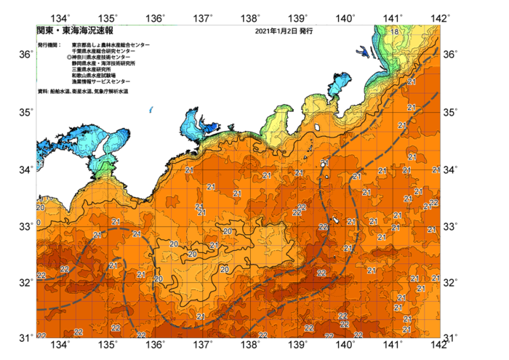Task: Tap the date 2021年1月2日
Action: click(276, 32)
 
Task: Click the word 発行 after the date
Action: click(305, 32)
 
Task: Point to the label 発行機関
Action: click(49, 45)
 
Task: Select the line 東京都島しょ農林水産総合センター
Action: click(111, 45)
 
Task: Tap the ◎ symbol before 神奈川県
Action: click(69, 57)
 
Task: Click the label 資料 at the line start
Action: click(41, 92)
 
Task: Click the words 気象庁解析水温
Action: click(110, 92)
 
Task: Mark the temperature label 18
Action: click(393, 32)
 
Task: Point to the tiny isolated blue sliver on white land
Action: click(151, 109)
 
